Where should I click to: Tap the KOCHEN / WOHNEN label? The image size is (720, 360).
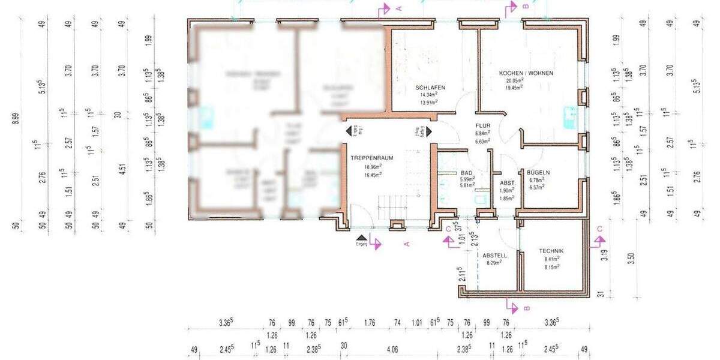pyautogui.click(x=526, y=73)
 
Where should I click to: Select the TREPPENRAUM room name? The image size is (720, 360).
pyautogui.click(x=372, y=158)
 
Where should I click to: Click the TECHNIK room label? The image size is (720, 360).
pyautogui.click(x=551, y=251)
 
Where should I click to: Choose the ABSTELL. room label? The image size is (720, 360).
pyautogui.click(x=496, y=255)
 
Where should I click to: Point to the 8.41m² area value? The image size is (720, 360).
pyautogui.click(x=551, y=259)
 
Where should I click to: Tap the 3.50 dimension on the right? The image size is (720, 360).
pyautogui.click(x=629, y=259)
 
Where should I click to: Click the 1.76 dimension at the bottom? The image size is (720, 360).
pyautogui.click(x=370, y=322)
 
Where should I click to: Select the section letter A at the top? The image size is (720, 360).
pyautogui.click(x=398, y=8)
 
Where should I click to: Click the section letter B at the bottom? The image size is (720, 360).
pyautogui.click(x=526, y=309)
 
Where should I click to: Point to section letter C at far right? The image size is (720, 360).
pyautogui.click(x=599, y=229)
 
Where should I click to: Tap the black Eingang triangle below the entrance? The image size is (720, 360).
pyautogui.click(x=361, y=238)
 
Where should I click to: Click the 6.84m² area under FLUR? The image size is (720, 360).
pyautogui.click(x=482, y=134)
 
